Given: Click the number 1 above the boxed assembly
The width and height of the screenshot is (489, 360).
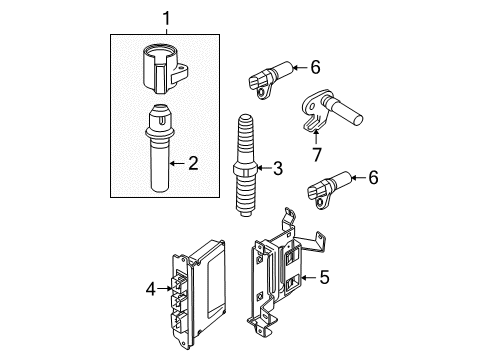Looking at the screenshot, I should pos(167,18).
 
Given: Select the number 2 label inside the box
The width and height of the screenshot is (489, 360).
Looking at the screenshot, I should pos(192,160).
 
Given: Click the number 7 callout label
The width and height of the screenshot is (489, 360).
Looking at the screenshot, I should pos(317,155).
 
